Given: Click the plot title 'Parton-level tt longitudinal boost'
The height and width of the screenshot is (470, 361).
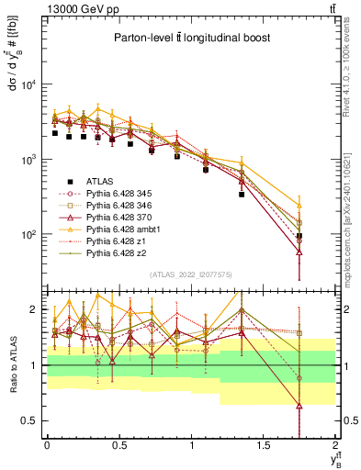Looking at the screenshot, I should [x=191, y=38].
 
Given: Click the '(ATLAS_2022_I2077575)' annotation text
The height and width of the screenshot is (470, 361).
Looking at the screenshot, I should [x=190, y=274].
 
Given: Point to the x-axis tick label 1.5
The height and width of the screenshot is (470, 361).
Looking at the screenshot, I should [x=264, y=445].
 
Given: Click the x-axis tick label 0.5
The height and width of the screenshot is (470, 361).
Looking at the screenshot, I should [x=118, y=445].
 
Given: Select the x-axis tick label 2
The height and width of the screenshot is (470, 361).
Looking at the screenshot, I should [x=335, y=445].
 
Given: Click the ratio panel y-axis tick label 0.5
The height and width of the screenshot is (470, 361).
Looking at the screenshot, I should [x=32, y=420].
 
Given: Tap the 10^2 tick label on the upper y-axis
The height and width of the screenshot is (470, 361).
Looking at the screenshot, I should [x=29, y=235].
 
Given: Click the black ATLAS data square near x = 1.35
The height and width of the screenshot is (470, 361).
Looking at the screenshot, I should [x=242, y=195].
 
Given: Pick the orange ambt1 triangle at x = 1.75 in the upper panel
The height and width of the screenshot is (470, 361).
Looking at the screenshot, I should [x=299, y=205].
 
